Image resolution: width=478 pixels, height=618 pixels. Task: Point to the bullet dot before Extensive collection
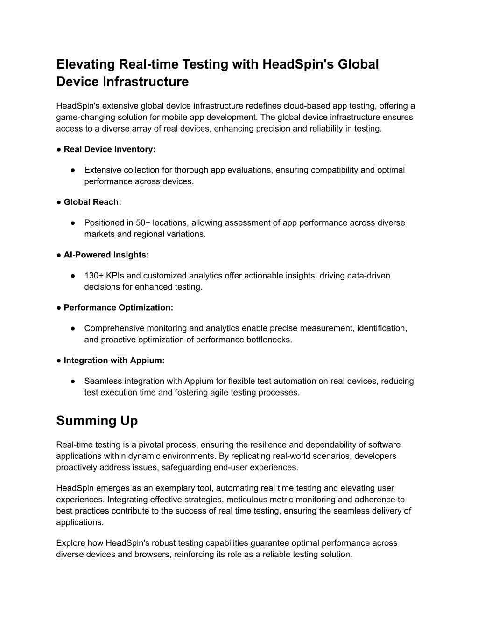tap(74, 170)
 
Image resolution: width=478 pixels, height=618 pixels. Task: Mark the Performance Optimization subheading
tap(118, 307)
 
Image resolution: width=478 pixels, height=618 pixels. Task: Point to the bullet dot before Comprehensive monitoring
tap(74, 328)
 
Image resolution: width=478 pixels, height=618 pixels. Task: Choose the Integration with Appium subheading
tap(114, 360)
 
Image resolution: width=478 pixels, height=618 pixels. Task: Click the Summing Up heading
tap(97, 421)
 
